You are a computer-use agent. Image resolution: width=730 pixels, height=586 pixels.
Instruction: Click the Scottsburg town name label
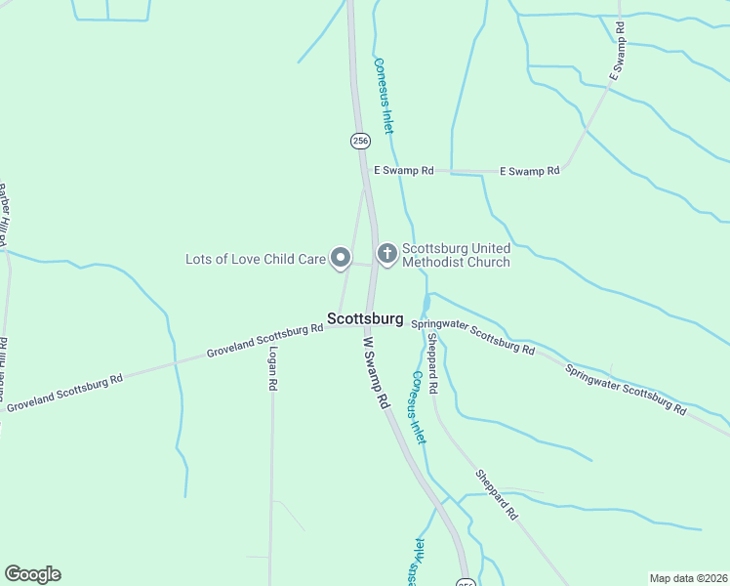click(365, 318)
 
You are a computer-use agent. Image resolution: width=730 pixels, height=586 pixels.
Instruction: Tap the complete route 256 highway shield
click(360, 141)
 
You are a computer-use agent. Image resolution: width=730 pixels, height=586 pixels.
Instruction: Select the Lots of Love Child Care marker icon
click(341, 258)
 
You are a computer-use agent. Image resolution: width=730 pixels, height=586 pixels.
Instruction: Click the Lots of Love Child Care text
click(256, 259)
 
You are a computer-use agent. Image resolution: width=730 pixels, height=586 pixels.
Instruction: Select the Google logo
click(32, 574)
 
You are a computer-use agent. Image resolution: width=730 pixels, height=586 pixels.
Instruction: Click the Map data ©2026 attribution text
click(688, 577)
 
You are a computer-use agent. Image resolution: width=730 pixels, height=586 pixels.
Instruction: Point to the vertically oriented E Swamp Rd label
click(617, 60)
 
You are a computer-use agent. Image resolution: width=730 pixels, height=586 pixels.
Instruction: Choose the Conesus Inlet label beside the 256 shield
click(385, 95)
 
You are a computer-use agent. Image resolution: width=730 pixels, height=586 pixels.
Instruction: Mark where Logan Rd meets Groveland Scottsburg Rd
click(271, 338)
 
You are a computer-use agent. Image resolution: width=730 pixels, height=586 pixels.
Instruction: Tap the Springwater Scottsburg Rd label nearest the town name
click(473, 337)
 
